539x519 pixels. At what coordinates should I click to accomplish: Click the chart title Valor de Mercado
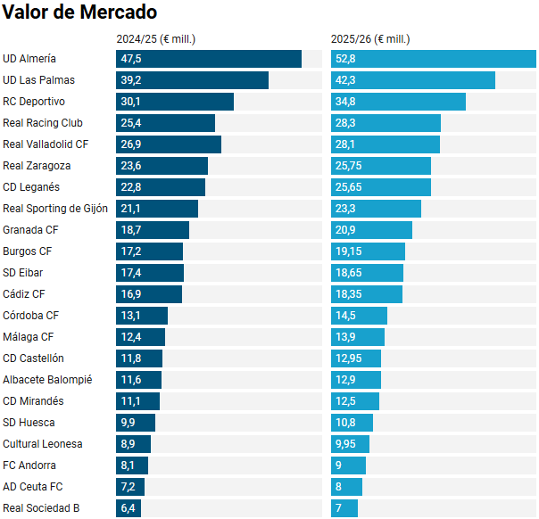coord(80,12)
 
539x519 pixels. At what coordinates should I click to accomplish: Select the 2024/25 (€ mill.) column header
coord(156,39)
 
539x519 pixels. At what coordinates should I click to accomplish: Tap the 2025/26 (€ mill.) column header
coord(370,39)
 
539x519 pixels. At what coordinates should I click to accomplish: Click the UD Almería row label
coord(29,59)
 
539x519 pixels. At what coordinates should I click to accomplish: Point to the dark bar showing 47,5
coord(209,59)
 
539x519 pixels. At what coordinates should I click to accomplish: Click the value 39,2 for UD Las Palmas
coord(131,80)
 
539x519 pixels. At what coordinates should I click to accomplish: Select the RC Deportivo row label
coord(34,102)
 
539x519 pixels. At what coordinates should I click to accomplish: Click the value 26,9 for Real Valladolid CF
coord(131,144)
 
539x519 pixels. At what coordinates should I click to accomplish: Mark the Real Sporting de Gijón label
coord(55,209)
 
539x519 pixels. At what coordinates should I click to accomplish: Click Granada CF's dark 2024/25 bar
coord(153,230)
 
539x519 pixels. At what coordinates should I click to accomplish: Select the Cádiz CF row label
coord(24,294)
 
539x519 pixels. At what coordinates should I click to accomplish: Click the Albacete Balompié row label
coord(47,380)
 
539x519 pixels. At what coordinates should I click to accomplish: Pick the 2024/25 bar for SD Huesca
coord(136,423)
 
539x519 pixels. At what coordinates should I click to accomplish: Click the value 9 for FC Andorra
coord(338,465)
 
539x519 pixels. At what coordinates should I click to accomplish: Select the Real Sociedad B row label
coord(41,508)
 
